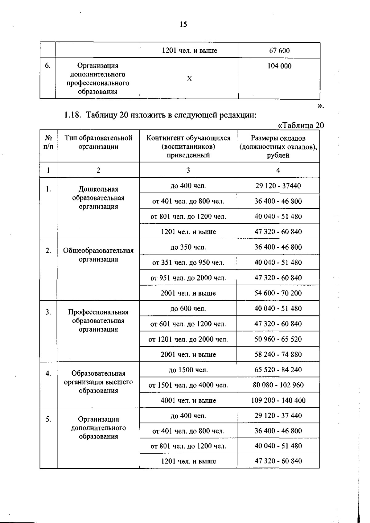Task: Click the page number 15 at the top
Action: click(183, 24)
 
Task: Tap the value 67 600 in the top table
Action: click(279, 51)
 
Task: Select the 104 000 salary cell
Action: click(279, 66)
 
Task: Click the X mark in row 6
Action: click(189, 79)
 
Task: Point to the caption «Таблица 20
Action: click(301, 125)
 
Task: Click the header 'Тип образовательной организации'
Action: click(98, 142)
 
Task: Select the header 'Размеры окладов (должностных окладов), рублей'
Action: click(278, 146)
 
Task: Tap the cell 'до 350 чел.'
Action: click(188, 247)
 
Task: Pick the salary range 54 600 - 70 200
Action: click(278, 293)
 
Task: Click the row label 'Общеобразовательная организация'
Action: click(98, 255)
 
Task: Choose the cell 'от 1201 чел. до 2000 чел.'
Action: click(188, 339)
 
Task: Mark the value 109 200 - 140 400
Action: click(278, 400)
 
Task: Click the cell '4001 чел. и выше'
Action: click(188, 400)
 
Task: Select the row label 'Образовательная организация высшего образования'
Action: click(98, 382)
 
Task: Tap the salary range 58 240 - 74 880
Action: click(278, 354)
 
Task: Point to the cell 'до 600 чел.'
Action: click(188, 308)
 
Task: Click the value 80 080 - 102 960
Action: click(278, 385)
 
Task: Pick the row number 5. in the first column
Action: click(48, 419)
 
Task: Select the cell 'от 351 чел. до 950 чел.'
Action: click(188, 262)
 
